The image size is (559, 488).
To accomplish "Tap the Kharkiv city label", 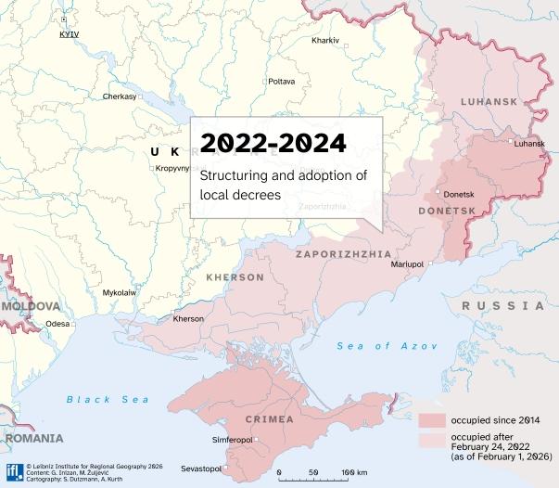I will [x=325, y=41].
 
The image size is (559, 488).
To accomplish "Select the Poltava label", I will [x=281, y=82].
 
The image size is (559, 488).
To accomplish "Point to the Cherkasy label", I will [x=120, y=96].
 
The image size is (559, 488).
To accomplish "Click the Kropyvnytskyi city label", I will [x=178, y=169].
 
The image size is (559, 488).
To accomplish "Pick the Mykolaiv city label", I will [x=119, y=292].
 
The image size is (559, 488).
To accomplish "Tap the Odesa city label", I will [x=57, y=324].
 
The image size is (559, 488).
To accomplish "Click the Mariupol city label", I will [x=406, y=264].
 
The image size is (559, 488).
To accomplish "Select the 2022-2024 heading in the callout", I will [x=273, y=144].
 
